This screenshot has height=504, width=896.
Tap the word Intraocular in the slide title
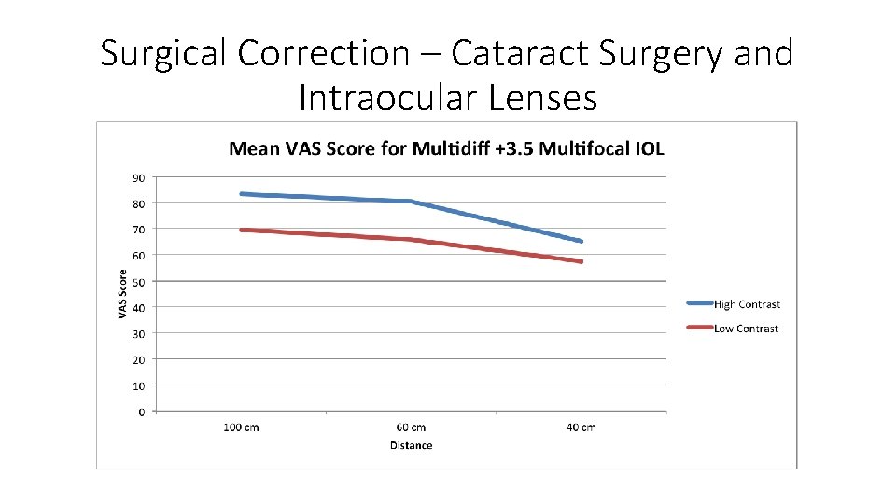pos(391,96)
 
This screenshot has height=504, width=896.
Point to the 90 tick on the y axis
pos(138,176)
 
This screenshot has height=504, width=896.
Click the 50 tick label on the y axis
pos(138,281)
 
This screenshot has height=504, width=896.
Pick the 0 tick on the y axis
pos(142,412)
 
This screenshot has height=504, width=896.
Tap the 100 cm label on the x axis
pos(241,427)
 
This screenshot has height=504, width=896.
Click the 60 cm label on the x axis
pos(411,427)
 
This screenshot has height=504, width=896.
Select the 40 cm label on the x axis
pos(581,427)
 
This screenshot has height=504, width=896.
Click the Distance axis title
pos(411,445)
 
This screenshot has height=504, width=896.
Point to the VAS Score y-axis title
pos(122,293)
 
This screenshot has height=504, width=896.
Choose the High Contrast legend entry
pos(746,304)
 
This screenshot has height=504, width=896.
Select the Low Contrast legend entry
pos(745,329)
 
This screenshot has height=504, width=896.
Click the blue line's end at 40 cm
pos(581,241)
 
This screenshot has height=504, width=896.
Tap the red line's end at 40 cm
pos(581,261)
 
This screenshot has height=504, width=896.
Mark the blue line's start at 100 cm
pos(242,194)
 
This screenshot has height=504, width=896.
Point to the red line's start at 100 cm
pos(242,230)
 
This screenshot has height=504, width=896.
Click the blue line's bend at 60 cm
pos(411,202)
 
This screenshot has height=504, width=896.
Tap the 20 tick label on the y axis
pos(138,359)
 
